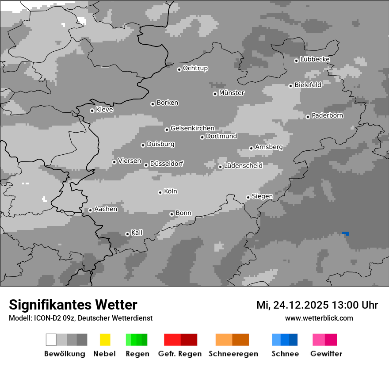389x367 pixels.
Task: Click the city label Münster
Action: tap(232, 93)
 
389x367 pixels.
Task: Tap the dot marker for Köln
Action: tap(160, 192)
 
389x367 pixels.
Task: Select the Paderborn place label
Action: tap(328, 116)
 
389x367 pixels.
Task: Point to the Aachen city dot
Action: tap(90, 210)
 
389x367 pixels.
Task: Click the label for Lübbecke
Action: tap(315, 59)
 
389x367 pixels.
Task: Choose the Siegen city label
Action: tap(262, 196)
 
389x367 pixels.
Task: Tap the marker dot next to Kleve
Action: tap(92, 111)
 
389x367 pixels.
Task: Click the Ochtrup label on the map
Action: tap(195, 69)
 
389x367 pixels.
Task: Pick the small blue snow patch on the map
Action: tap(346, 233)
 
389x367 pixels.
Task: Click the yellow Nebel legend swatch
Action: tap(105, 340)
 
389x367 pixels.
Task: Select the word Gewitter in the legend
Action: tap(326, 354)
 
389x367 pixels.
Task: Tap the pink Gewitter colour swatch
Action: tap(324, 340)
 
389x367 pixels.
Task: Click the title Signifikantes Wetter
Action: tap(73, 305)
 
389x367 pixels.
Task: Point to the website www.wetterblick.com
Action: tap(319, 318)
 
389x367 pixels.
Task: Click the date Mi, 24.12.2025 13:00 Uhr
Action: tap(317, 305)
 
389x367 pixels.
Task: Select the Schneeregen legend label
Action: tap(233, 354)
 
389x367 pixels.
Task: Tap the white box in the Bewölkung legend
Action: tap(51, 340)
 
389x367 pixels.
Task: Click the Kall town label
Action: tap(137, 233)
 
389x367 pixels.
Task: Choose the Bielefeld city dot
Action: tap(290, 86)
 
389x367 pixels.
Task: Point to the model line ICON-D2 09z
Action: tap(80, 318)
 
